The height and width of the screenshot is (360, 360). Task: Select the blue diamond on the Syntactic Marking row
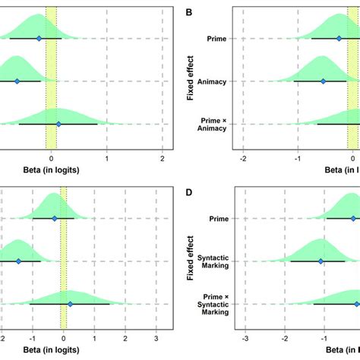(321, 261)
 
